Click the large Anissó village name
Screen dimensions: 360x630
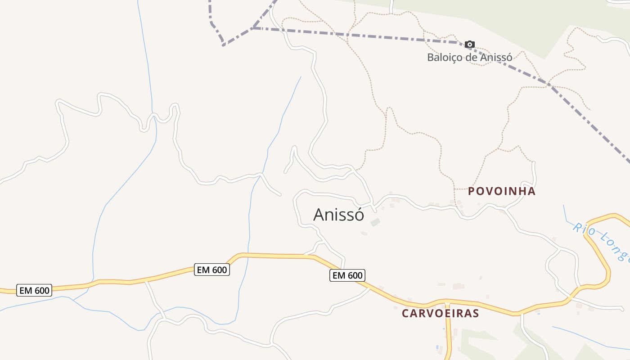click(x=338, y=215)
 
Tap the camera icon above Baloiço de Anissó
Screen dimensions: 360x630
click(x=469, y=44)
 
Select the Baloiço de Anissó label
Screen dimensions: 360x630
click(x=469, y=57)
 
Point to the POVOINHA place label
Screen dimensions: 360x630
click(x=502, y=191)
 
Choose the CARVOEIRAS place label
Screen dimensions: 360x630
click(x=440, y=313)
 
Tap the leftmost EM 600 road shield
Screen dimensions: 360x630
click(x=34, y=290)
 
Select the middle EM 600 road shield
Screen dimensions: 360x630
click(x=212, y=270)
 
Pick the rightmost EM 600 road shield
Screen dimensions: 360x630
click(x=347, y=275)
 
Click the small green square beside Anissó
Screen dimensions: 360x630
click(x=375, y=222)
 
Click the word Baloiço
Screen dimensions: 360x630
click(x=443, y=57)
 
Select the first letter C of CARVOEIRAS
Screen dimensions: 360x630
click(x=405, y=313)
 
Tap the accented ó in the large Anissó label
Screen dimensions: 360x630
click(x=359, y=215)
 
